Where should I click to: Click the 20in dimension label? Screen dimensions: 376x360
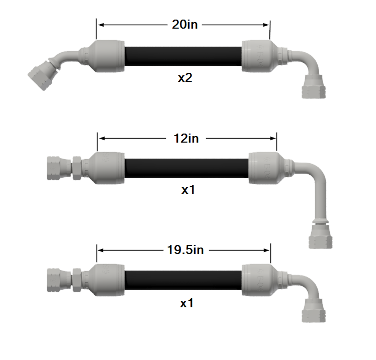184,25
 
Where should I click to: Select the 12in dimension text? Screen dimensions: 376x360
186,139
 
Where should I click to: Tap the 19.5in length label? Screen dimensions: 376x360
185,250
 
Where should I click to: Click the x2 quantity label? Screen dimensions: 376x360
185,78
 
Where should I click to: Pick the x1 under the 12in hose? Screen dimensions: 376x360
188,190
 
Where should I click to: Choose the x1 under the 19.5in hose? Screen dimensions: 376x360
187,303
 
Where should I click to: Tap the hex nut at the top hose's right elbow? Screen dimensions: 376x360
313,87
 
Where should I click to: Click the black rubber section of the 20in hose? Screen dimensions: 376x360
183,56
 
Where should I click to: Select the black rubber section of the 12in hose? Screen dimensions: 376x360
186,168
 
